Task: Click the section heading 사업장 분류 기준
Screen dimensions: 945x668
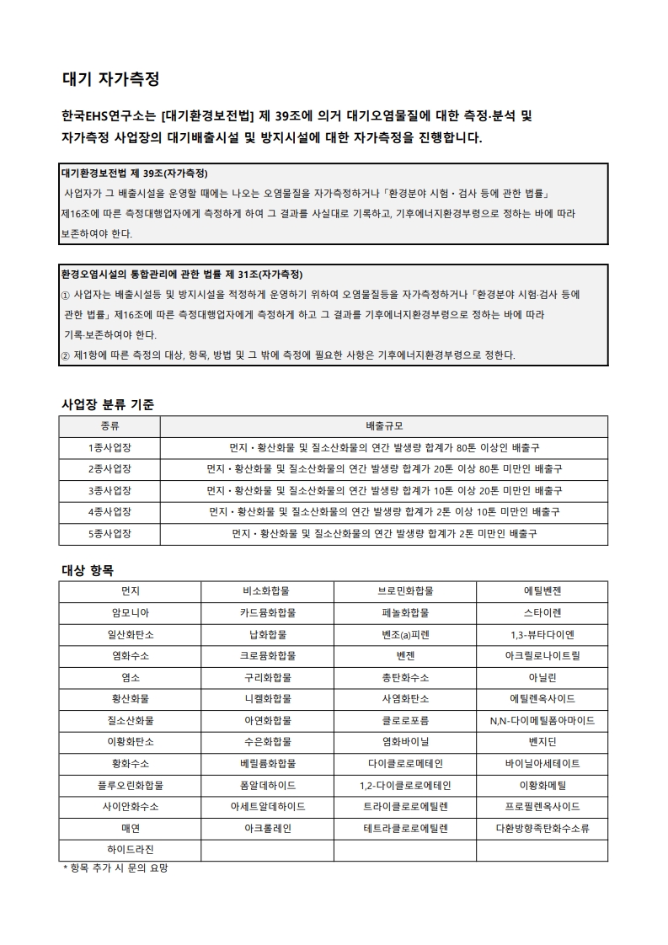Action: point(108,404)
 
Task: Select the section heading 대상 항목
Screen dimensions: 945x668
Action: point(88,569)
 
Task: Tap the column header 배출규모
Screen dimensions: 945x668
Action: point(383,426)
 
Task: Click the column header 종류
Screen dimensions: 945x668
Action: point(110,426)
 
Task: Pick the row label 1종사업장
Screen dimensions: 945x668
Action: point(110,447)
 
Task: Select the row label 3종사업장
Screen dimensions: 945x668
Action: point(110,490)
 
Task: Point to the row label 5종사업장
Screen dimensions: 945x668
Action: point(110,534)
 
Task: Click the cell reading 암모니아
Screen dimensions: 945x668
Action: point(130,612)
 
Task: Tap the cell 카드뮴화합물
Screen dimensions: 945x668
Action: point(268,612)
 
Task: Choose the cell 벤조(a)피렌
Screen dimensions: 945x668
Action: point(405,634)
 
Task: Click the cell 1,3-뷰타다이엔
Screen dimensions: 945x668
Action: point(542,634)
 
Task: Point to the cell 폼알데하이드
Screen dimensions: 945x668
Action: point(268,786)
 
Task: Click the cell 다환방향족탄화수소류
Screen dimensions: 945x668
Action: point(542,829)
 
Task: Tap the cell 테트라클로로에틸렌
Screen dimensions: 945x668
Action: point(405,829)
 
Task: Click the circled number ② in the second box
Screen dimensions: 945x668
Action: point(66,355)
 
